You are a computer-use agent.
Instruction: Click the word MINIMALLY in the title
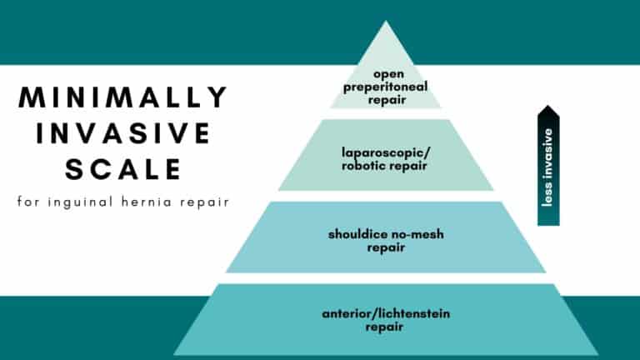[x=122, y=97]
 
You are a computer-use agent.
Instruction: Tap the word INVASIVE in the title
[x=123, y=132]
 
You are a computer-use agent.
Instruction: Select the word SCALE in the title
[x=123, y=168]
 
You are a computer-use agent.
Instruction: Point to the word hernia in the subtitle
[x=147, y=202]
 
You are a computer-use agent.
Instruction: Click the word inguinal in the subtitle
[x=80, y=202]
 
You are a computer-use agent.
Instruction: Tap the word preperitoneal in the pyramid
[x=385, y=87]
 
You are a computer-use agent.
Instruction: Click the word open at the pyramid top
[x=388, y=75]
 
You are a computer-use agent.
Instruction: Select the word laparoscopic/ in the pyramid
[x=386, y=153]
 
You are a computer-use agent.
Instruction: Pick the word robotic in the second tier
[x=362, y=166]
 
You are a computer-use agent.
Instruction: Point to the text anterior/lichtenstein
[x=386, y=313]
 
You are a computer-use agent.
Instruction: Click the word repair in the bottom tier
[x=384, y=327]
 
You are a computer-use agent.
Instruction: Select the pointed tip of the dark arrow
[x=548, y=106]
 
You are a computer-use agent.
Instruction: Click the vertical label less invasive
[x=547, y=167]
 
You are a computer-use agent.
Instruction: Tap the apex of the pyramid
[x=386, y=21]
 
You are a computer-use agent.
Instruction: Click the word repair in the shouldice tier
[x=386, y=248]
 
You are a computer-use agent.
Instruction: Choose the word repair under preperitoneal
[x=387, y=100]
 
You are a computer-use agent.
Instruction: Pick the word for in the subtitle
[x=28, y=202]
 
